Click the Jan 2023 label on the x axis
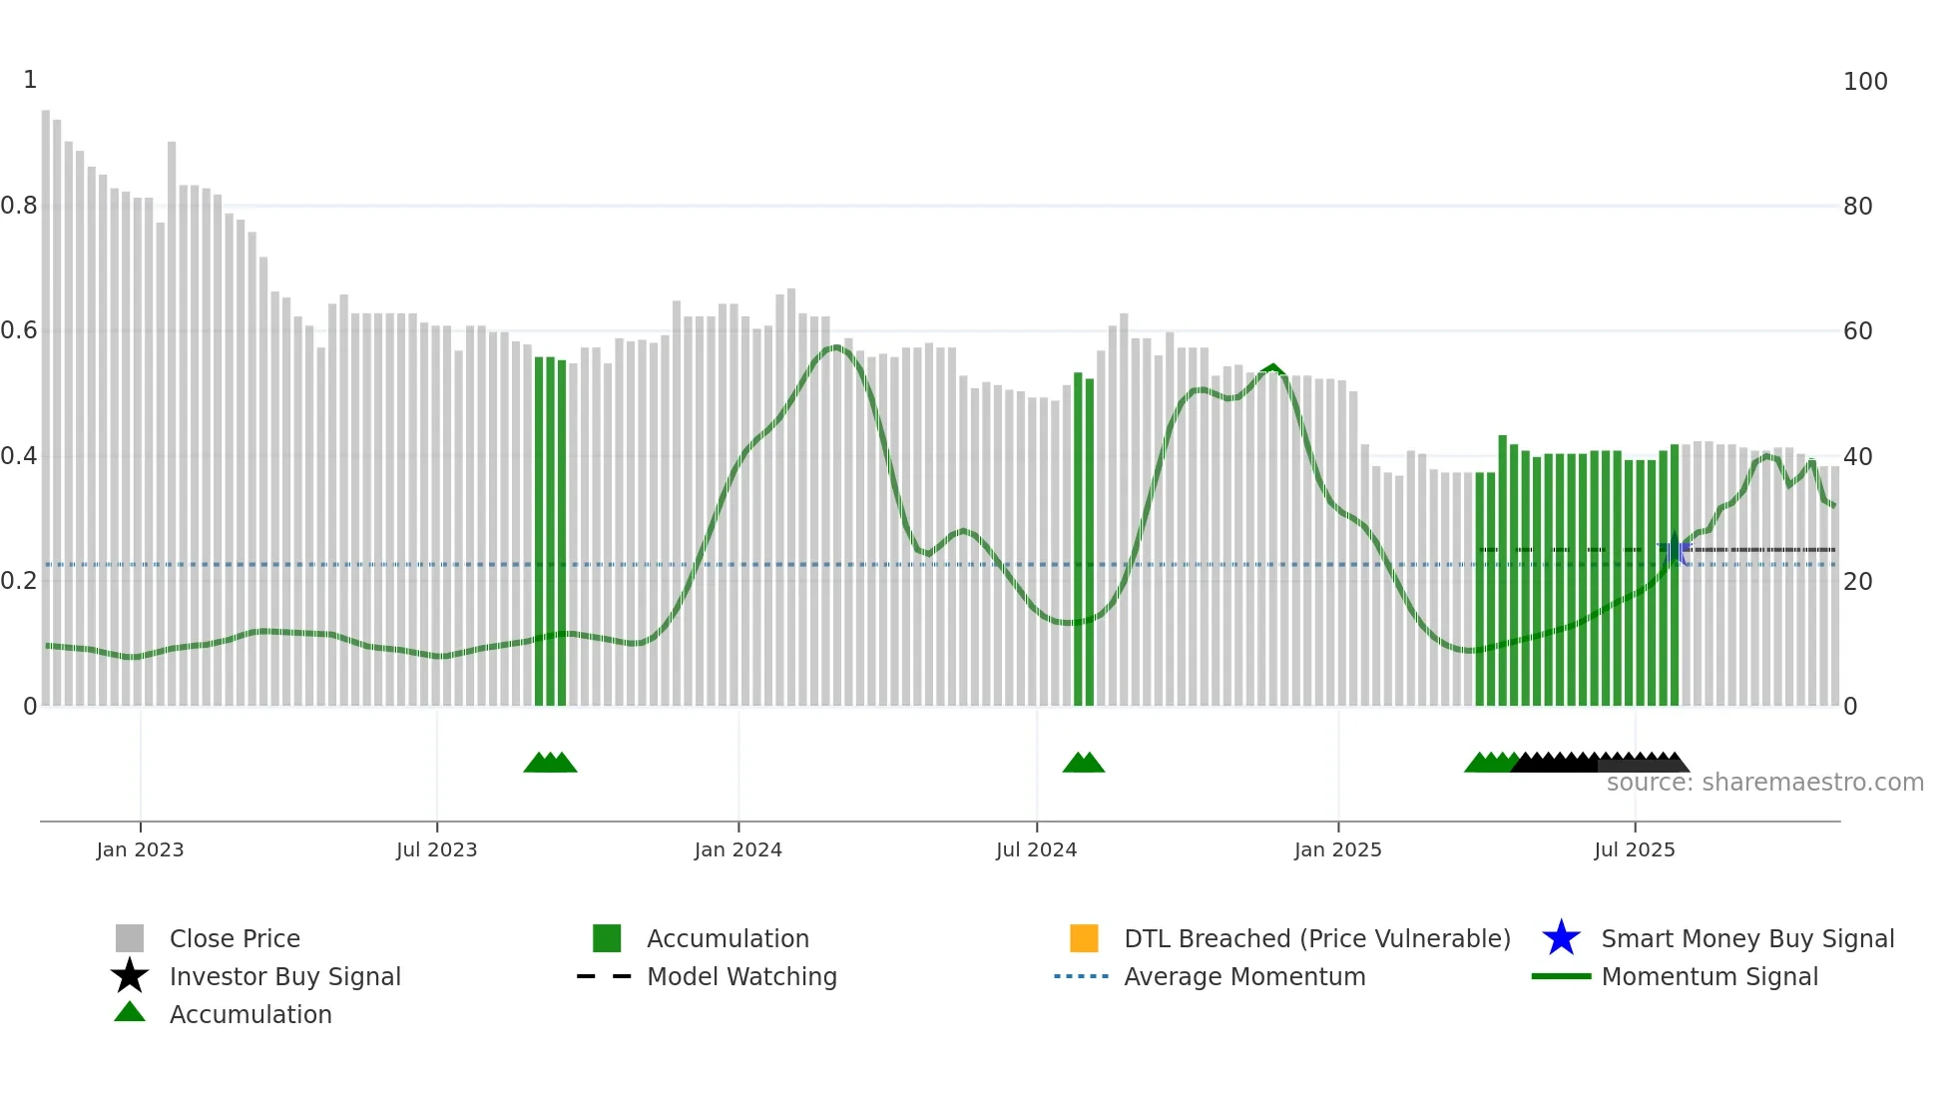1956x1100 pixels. [x=140, y=849]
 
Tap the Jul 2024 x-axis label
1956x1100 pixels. [x=1036, y=849]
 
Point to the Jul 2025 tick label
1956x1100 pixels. [x=1634, y=849]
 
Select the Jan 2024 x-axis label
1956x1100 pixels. [x=737, y=849]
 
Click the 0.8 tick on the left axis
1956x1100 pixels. [x=19, y=206]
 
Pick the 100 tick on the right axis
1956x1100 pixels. [x=1864, y=82]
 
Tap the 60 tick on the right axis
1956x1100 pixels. [x=1857, y=330]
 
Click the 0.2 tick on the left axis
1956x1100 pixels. [x=19, y=581]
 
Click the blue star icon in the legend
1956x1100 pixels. [x=1561, y=938]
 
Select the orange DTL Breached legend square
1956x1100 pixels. [x=1083, y=938]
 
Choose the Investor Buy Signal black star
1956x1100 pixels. [x=130, y=976]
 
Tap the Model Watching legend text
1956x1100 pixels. [x=741, y=976]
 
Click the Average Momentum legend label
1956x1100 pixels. [x=1243, y=976]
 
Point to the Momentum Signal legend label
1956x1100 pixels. [x=1709, y=976]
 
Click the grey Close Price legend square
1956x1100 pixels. [x=130, y=938]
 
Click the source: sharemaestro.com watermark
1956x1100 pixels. [x=1764, y=783]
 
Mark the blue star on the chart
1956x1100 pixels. [x=1675, y=548]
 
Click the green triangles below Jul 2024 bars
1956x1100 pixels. [x=1083, y=763]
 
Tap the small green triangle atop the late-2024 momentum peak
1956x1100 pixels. [x=1271, y=368]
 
